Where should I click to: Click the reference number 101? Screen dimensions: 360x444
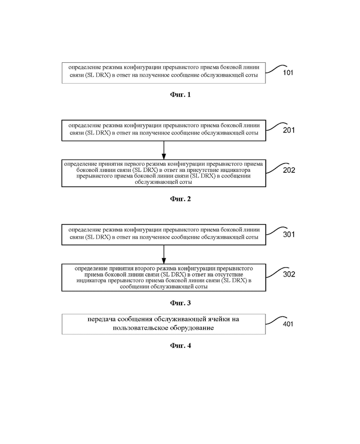(288, 73)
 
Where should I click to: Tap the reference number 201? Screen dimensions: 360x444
(289, 130)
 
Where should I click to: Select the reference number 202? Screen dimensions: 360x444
(289, 170)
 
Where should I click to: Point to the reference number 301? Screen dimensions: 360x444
(289, 234)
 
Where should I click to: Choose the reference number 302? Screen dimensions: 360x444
(289, 274)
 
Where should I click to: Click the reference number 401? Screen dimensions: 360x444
(288, 324)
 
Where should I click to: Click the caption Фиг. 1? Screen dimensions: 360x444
(180, 95)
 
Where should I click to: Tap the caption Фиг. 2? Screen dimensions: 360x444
(180, 199)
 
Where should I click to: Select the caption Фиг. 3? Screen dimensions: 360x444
(180, 303)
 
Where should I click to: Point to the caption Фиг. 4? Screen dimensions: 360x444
(180, 346)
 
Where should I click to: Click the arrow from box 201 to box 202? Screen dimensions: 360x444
(164, 150)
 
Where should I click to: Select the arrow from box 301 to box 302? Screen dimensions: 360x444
(164, 254)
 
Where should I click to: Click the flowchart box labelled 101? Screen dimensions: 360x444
(164, 73)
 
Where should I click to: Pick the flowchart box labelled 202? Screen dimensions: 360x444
(164, 173)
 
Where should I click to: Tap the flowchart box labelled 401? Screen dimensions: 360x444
(164, 324)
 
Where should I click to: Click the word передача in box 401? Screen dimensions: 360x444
(101, 319)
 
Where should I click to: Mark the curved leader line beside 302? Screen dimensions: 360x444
(277, 272)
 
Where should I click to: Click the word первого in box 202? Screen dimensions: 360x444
(134, 164)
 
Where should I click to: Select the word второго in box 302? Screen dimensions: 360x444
(138, 268)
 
